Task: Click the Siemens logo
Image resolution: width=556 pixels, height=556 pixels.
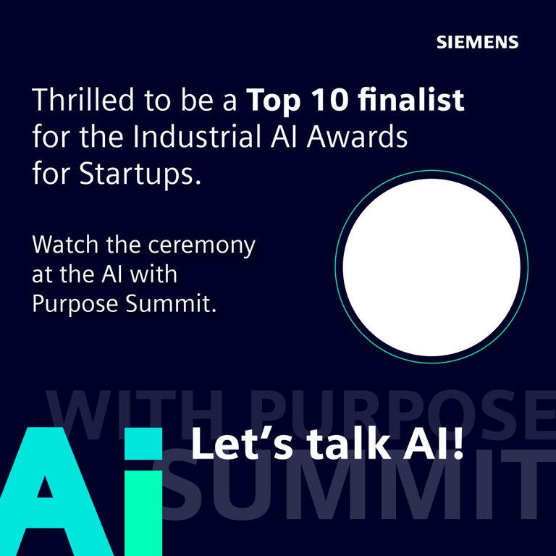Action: coord(477,41)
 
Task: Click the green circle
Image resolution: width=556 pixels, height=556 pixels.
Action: coord(431,267)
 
